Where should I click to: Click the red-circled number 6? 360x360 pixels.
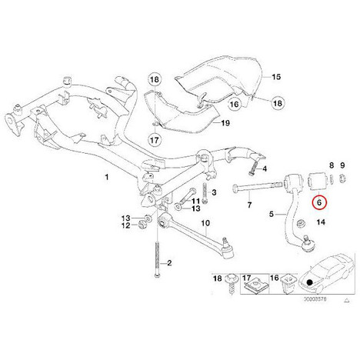[x=319, y=202]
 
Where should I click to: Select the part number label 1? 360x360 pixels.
[x=107, y=177]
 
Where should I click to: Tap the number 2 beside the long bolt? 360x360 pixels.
[x=169, y=263]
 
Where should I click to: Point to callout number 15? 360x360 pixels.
[x=276, y=77]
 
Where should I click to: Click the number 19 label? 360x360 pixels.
[x=225, y=123]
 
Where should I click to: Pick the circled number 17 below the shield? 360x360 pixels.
[x=155, y=140]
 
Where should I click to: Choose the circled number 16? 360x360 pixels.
[x=235, y=104]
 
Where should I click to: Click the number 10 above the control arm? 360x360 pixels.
[x=205, y=223]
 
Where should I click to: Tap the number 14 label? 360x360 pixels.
[x=321, y=222]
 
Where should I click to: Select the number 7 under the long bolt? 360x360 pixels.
[x=249, y=205]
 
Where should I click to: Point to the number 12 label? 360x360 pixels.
[x=126, y=225]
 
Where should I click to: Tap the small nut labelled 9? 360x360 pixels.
[x=342, y=178]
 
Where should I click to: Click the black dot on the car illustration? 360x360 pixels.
[x=310, y=282]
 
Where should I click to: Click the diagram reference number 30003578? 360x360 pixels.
[x=315, y=299]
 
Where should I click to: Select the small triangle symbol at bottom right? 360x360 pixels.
[x=346, y=300]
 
